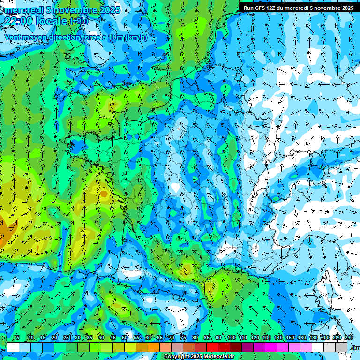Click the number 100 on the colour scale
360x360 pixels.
232,337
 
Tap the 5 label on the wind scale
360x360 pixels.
17,337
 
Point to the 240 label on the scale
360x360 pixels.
348,337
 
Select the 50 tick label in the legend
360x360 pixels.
125,337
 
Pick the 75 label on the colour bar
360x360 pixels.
183,337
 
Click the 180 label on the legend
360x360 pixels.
313,337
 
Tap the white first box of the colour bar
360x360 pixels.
13,347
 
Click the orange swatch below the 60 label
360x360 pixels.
154,347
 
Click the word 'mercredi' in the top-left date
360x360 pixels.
23,10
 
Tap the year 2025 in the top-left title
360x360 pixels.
110,10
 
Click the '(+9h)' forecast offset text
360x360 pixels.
78,21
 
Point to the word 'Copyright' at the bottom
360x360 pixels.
177,357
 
